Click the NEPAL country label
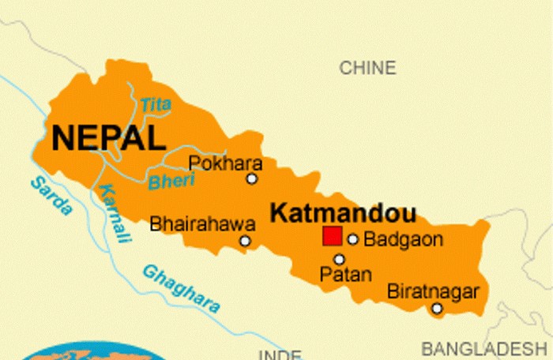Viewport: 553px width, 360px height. [x=108, y=137]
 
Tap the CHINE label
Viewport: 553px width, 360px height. [x=367, y=68]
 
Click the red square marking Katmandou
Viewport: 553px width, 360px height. [x=332, y=236]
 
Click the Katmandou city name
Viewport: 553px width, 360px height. [x=343, y=212]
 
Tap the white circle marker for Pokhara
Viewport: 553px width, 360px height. [x=252, y=178]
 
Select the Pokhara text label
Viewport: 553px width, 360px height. [x=214, y=163]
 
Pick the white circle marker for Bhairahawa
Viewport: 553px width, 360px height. [x=246, y=241]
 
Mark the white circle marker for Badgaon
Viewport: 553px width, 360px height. [x=353, y=239]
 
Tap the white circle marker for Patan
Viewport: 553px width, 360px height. [x=339, y=259]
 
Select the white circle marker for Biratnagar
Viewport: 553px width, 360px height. [x=437, y=308]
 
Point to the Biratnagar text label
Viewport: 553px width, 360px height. [x=433, y=291]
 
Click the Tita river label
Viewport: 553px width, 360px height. [x=155, y=103]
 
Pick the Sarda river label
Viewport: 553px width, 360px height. [x=51, y=197]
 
